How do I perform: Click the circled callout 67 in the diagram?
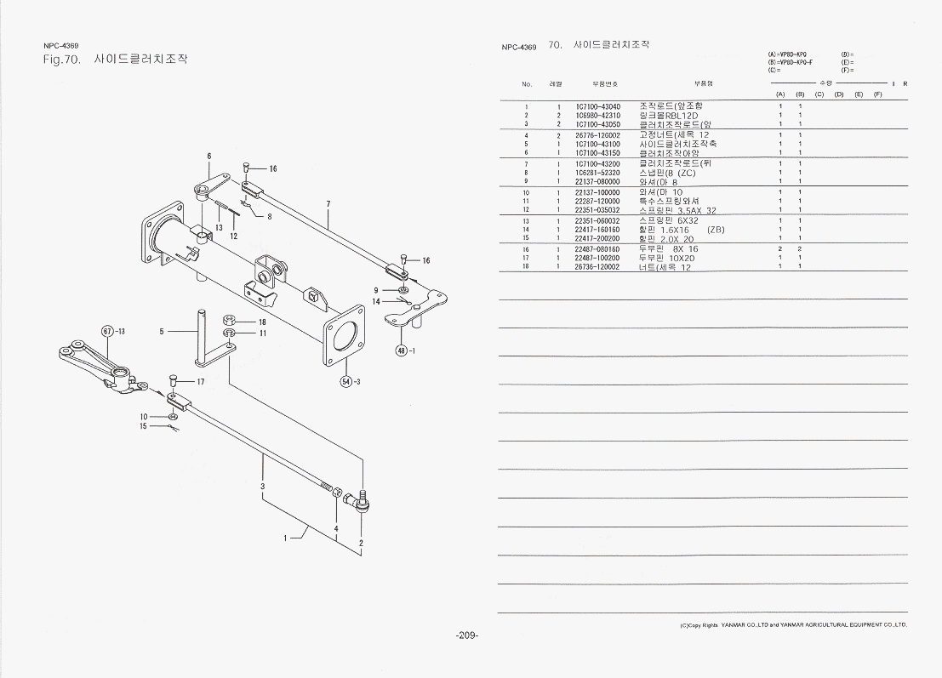click(107, 331)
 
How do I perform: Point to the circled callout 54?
click(346, 381)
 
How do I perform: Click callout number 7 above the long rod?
click(328, 204)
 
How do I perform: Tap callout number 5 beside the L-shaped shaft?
click(161, 332)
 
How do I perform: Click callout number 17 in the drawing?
click(201, 382)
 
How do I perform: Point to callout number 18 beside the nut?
click(263, 322)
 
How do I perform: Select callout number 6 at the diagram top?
click(208, 157)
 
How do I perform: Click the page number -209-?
click(467, 635)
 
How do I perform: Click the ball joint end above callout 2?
click(360, 504)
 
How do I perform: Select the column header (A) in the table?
click(780, 94)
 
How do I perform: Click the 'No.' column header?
click(527, 84)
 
